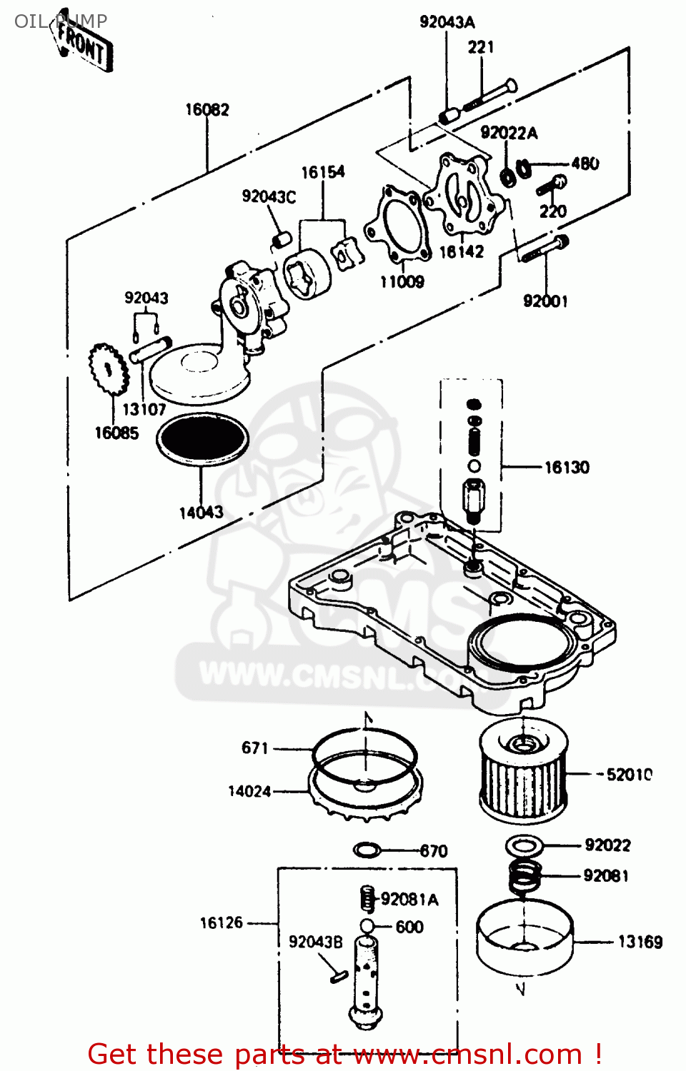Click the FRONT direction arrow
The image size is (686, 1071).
coord(84,45)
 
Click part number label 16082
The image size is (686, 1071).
coord(207,109)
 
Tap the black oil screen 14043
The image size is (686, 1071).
coord(202,438)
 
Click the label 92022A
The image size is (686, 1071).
coord(509,133)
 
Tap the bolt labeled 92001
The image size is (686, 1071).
coord(545,249)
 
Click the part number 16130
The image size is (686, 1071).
coord(567,468)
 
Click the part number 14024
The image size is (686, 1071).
coord(249,791)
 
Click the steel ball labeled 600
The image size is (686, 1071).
coord(367,927)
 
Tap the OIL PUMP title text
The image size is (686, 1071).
coord(61,21)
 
